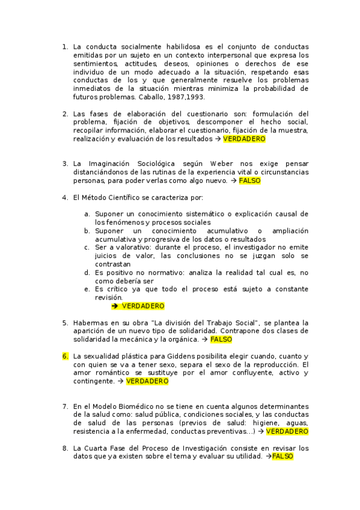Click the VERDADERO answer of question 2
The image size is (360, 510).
(244, 138)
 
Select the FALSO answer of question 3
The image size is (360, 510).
(249, 180)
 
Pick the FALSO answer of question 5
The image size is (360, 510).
(221, 339)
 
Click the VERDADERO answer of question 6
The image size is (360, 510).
(147, 381)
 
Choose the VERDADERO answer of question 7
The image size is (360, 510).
(287, 431)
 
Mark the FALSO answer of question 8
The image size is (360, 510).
(282, 456)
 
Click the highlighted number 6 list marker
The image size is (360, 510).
(65, 356)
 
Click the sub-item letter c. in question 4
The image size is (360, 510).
(87, 247)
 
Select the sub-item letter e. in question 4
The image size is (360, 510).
(87, 289)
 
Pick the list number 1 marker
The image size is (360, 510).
(65, 46)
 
